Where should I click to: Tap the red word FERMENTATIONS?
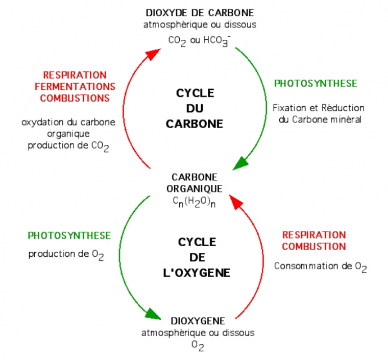click(x=78, y=87)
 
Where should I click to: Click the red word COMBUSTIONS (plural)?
click(x=75, y=98)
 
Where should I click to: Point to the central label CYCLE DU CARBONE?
click(x=195, y=108)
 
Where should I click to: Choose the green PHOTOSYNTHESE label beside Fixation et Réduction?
click(x=316, y=84)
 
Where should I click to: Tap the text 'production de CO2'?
click(x=68, y=146)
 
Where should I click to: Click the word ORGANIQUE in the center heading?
click(x=195, y=188)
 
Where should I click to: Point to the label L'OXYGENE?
click(x=197, y=273)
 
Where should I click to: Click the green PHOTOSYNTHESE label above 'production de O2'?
click(x=69, y=236)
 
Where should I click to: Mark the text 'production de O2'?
click(x=66, y=255)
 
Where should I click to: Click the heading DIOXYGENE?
click(x=198, y=321)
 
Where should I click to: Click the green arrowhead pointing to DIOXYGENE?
click(x=155, y=313)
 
